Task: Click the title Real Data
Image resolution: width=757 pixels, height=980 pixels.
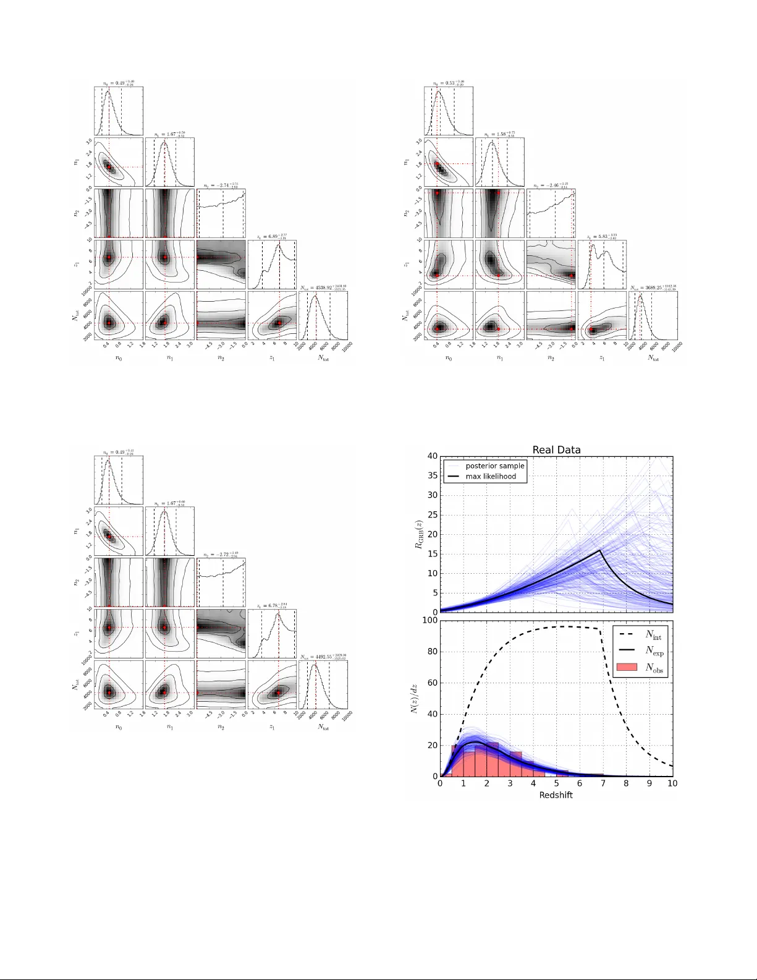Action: point(556,450)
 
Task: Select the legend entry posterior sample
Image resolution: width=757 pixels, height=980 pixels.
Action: point(494,466)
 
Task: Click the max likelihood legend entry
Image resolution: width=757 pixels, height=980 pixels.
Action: point(491,477)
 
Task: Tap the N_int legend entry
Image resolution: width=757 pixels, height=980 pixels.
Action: point(653,635)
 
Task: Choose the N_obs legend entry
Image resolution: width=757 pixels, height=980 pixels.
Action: point(654,668)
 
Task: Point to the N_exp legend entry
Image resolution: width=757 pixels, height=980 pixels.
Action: point(654,650)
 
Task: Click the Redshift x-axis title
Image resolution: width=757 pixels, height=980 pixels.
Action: point(556,795)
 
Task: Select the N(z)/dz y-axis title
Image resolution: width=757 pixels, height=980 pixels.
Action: point(416,699)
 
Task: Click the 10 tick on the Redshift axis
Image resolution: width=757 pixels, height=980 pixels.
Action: point(672,783)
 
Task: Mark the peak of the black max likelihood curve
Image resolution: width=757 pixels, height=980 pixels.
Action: point(600,550)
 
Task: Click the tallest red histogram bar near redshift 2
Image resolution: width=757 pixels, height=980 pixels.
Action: point(493,759)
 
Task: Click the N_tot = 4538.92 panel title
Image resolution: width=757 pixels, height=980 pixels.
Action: point(323,288)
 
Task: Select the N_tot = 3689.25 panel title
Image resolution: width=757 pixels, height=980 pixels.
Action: point(653,288)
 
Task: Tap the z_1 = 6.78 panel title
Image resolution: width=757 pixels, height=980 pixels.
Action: point(272,605)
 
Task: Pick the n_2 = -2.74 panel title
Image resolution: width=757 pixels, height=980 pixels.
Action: point(221,185)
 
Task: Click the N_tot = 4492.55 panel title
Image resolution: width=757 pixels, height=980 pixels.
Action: point(323,657)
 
